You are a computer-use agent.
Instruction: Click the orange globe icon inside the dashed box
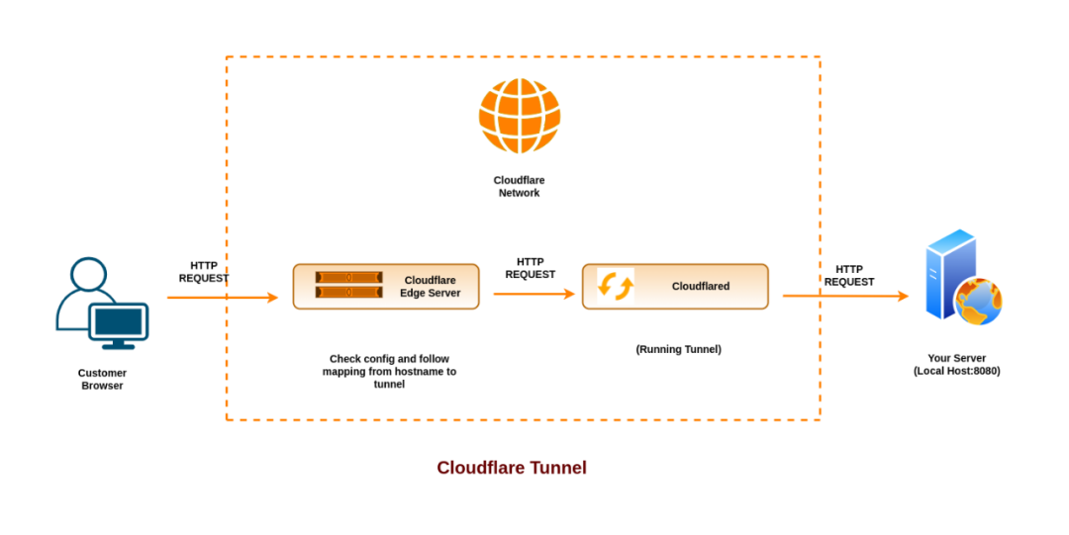(520, 116)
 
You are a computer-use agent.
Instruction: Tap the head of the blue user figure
(88, 275)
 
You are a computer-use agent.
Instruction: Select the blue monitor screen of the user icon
(118, 321)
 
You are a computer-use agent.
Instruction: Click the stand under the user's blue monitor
(118, 346)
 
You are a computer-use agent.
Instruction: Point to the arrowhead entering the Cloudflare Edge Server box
(272, 298)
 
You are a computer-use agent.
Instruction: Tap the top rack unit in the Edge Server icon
(348, 278)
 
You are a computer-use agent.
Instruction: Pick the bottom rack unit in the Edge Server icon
(348, 292)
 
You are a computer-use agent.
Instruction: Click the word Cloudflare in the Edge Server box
(430, 280)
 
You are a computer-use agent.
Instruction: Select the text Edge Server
(430, 294)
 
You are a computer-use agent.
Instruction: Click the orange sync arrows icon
(615, 286)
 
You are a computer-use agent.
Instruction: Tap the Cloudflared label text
(700, 287)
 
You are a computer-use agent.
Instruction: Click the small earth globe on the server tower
(979, 302)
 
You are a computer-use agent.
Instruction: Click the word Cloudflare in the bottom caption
(481, 468)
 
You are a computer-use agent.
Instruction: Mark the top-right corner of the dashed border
(821, 57)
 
